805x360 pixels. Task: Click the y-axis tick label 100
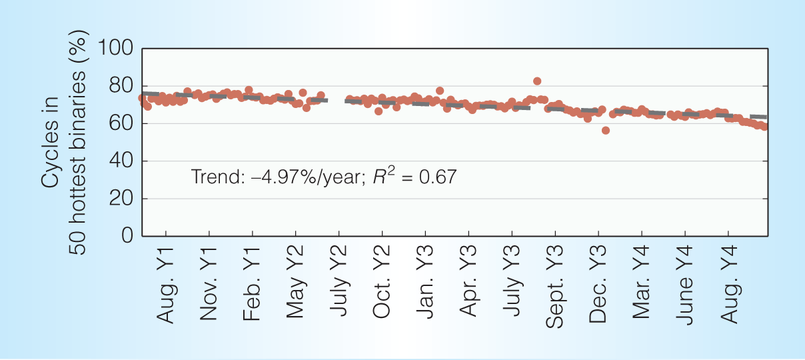click(116, 49)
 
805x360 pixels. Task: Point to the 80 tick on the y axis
click(121, 86)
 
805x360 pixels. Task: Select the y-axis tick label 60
click(121, 123)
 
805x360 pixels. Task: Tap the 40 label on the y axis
click(121, 161)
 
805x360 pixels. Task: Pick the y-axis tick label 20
click(121, 199)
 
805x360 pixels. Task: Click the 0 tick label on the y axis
click(126, 236)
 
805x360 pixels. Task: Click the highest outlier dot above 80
click(537, 81)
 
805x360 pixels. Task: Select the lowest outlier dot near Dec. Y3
click(606, 131)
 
